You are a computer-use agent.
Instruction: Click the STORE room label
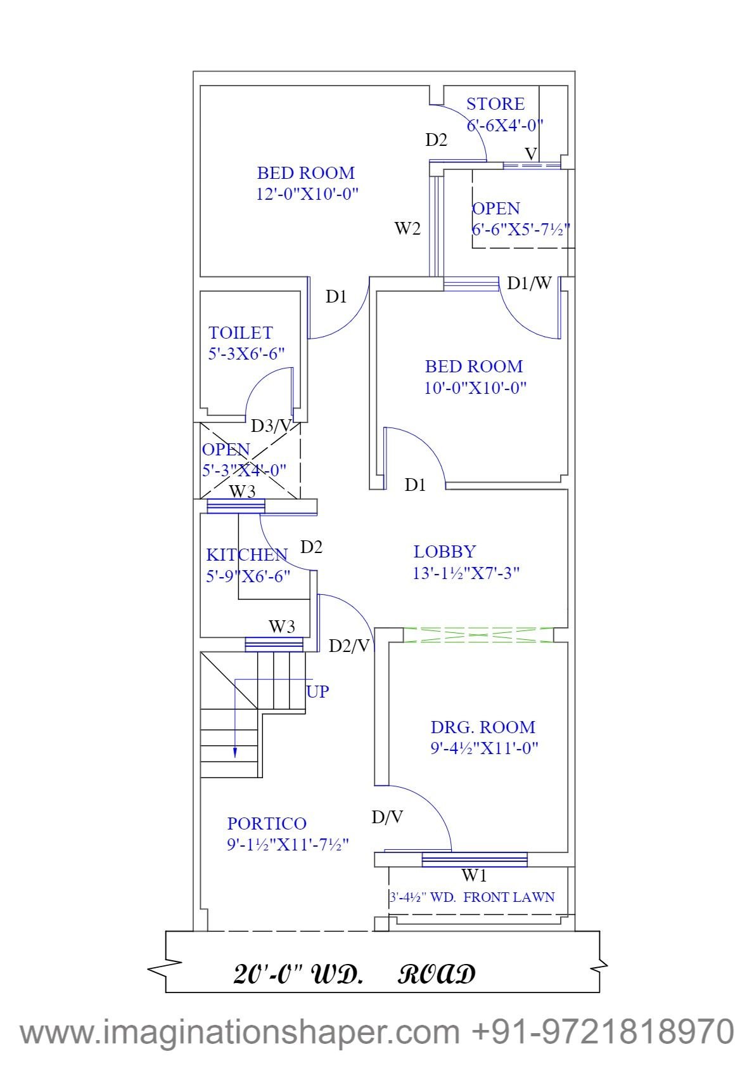click(x=495, y=104)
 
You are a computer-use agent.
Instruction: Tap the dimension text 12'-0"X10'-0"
click(x=307, y=193)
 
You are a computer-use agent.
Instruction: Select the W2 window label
click(x=407, y=228)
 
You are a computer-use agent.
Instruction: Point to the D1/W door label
click(x=529, y=283)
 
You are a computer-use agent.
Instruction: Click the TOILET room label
click(x=241, y=333)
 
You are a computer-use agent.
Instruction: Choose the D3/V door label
click(x=271, y=426)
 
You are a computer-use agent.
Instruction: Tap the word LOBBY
click(x=444, y=552)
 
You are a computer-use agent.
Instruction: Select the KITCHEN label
click(x=246, y=555)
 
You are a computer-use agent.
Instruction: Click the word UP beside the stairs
click(x=317, y=691)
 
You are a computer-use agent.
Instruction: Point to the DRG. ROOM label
click(x=483, y=727)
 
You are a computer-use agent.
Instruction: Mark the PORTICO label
click(x=267, y=824)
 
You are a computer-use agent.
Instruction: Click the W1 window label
click(x=474, y=876)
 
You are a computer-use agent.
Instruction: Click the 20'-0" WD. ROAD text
click(x=355, y=974)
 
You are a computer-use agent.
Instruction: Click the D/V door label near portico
click(x=387, y=818)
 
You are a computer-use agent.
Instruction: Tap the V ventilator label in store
click(x=531, y=153)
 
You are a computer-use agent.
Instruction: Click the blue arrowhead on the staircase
click(x=235, y=752)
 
